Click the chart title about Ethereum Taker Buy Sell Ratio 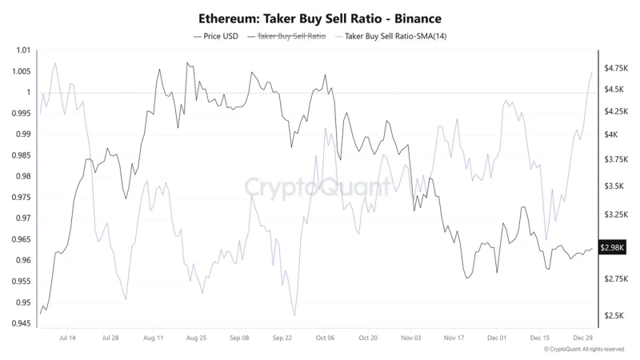coord(319,17)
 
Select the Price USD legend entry coord(217,36)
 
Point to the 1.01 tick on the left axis coord(22,50)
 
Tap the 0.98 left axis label coord(22,176)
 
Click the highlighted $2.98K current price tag coord(614,248)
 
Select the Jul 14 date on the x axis coord(68,338)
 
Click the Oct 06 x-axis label coord(325,338)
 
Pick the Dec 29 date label coord(583,338)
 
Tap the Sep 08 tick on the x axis coord(239,338)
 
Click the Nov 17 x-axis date coord(454,338)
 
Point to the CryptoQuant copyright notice coord(584,350)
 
